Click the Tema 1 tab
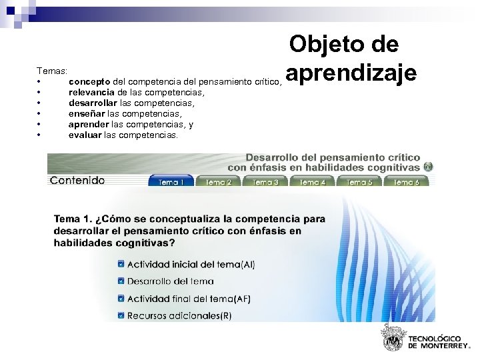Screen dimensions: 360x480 [171, 181]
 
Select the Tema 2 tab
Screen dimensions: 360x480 [218, 181]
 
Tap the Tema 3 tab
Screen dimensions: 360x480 [265, 181]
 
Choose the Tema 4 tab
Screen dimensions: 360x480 [313, 181]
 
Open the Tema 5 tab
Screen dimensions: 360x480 [359, 181]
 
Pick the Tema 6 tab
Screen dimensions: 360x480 [406, 181]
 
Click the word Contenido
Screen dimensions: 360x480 [77, 181]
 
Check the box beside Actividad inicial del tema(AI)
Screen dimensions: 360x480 [121, 264]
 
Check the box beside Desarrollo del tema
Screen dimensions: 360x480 [121, 281]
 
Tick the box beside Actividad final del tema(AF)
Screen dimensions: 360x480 [121, 299]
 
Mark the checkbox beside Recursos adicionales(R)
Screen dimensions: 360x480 [121, 315]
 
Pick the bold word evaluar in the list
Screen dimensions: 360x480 [85, 135]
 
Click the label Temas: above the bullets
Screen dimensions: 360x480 [51, 70]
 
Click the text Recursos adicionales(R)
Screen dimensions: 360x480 [179, 316]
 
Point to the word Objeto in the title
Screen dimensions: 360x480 [323, 45]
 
